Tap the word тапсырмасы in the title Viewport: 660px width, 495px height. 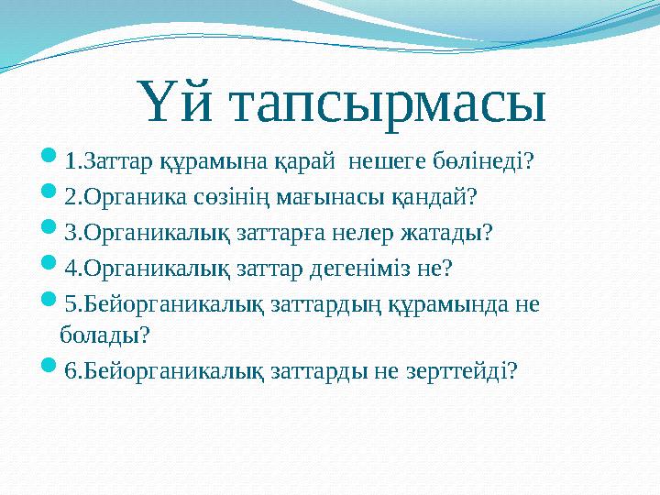click(x=385, y=104)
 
